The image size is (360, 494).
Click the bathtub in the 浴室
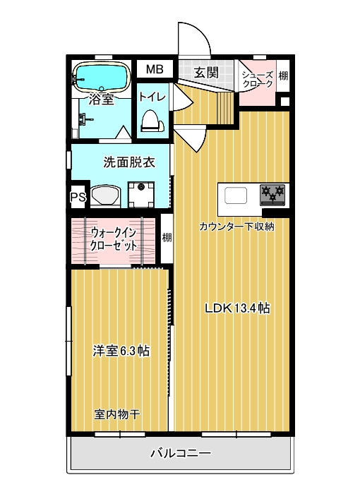(x=101, y=76)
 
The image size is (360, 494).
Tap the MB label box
(x=155, y=68)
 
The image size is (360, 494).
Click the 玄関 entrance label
(x=206, y=73)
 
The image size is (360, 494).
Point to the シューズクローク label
(x=257, y=79)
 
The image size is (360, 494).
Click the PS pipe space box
(x=78, y=197)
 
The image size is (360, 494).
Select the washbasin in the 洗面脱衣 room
(x=106, y=196)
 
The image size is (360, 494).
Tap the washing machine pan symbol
(x=141, y=195)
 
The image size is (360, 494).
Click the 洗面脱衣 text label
(x=129, y=162)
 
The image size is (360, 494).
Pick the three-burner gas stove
(x=272, y=195)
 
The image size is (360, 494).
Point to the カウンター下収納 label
(x=236, y=227)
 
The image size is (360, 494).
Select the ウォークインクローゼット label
(x=114, y=239)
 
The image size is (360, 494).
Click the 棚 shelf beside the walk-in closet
(x=167, y=238)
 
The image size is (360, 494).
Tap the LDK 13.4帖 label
(x=237, y=308)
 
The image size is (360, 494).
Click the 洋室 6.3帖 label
(x=121, y=351)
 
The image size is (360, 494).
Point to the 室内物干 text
(x=117, y=414)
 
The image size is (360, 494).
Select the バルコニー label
(x=181, y=454)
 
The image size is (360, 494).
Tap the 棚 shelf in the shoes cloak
(x=283, y=76)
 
